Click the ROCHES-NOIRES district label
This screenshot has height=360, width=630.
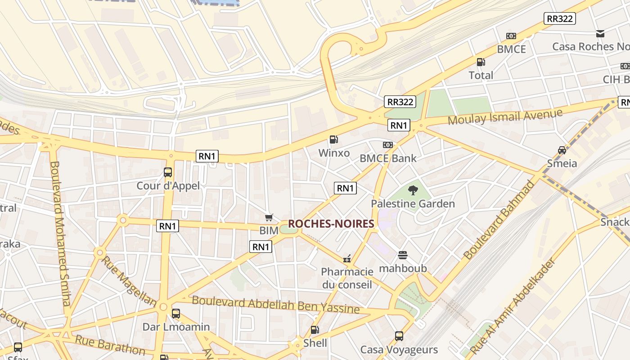(x=331, y=224)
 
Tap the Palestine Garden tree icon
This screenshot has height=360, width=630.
(x=413, y=190)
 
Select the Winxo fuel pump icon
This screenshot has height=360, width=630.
(x=333, y=139)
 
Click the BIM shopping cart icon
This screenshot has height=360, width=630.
(x=269, y=218)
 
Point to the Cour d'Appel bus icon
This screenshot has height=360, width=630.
(x=168, y=172)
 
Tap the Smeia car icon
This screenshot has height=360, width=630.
(x=562, y=150)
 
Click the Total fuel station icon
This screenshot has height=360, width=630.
(x=481, y=62)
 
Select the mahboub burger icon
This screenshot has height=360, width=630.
(x=403, y=255)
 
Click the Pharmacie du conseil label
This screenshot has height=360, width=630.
(x=347, y=278)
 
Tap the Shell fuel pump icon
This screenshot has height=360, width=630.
(x=315, y=330)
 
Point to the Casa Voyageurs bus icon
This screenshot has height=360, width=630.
(x=399, y=336)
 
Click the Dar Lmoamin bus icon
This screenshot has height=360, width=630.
(x=176, y=314)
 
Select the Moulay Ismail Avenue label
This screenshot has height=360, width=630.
(x=505, y=117)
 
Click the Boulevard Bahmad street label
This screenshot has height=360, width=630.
(x=499, y=220)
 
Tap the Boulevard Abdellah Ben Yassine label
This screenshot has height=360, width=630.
(x=275, y=305)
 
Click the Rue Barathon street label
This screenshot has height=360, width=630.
(x=110, y=345)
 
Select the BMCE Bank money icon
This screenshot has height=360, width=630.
(x=387, y=145)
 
